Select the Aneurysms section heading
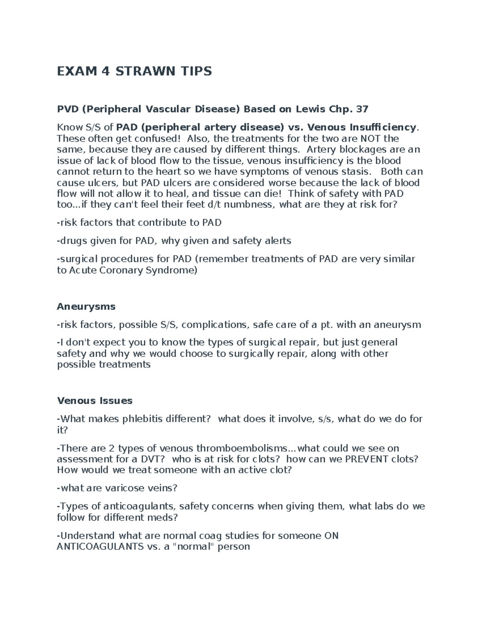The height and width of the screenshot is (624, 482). (x=86, y=307)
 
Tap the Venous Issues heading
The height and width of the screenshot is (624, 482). (x=95, y=401)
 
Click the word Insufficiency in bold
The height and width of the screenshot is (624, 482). (x=382, y=127)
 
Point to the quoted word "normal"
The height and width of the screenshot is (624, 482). (x=193, y=546)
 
